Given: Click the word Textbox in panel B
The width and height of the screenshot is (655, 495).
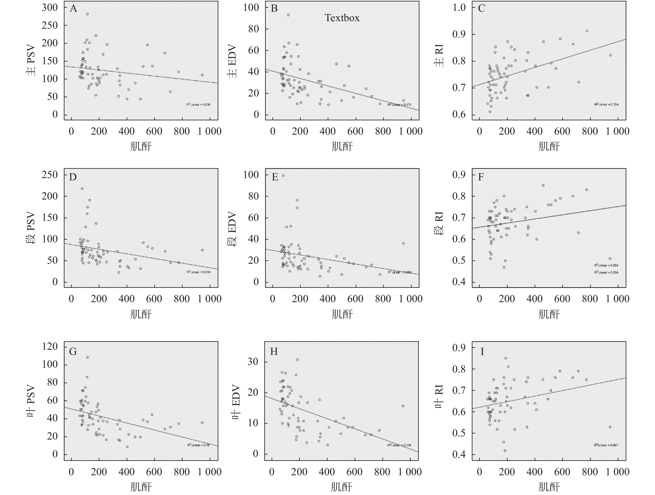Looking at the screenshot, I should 342,18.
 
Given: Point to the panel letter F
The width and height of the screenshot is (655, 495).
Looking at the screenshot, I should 481,177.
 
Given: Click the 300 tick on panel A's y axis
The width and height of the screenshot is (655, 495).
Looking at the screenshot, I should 50,7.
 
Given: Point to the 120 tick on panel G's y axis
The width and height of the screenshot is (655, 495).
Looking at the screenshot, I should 50,346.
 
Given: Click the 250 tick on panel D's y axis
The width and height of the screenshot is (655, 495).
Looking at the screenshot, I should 50,175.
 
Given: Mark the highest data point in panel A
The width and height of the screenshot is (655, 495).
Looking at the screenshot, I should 87,14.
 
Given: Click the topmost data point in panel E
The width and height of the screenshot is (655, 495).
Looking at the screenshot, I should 283,175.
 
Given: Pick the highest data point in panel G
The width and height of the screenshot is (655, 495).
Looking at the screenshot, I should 87,357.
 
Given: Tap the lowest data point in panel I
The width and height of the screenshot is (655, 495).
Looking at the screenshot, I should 505,451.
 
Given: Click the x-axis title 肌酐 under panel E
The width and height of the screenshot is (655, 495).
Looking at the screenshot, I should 342,314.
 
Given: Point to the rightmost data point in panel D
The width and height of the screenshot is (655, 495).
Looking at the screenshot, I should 202,250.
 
